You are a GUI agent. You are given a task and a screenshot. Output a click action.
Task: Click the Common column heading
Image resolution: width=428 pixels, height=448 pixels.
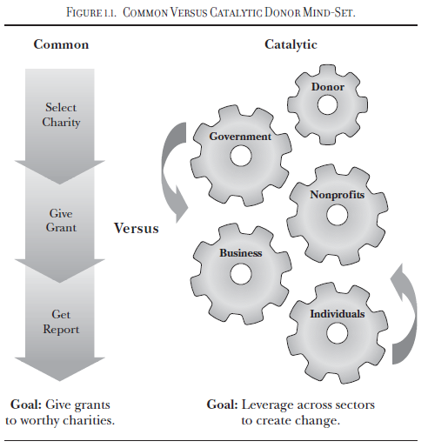[61, 44]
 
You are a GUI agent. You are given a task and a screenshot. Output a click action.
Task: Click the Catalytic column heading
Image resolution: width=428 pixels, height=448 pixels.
[291, 45]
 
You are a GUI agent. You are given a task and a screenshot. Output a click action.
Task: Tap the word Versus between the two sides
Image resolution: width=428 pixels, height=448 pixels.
[136, 228]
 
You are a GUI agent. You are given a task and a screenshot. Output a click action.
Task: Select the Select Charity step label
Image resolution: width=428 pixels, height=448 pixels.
[61, 115]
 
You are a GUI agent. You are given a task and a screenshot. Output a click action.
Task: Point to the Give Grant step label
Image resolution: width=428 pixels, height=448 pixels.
[61, 221]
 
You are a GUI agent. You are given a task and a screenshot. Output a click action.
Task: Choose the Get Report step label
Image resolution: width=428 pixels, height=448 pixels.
[61, 322]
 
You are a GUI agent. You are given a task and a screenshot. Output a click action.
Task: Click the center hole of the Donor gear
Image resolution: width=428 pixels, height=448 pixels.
[327, 104]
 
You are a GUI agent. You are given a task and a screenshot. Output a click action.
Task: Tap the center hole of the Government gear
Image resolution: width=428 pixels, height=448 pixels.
[241, 156]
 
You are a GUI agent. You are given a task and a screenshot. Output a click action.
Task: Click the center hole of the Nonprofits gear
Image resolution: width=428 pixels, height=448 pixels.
[337, 215]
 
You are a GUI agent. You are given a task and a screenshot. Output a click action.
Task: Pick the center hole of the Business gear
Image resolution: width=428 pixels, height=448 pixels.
[241, 274]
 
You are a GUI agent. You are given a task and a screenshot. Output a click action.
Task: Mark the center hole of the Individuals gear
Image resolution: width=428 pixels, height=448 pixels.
[337, 333]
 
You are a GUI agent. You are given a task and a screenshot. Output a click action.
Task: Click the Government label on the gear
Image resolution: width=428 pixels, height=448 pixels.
[240, 137]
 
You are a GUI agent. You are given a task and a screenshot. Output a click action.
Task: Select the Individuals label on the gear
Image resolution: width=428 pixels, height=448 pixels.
[338, 314]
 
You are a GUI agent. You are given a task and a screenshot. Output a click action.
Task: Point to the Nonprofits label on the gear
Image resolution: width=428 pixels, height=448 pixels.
[338, 195]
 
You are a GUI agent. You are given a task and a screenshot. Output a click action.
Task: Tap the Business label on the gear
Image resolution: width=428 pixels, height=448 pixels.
[241, 253]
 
